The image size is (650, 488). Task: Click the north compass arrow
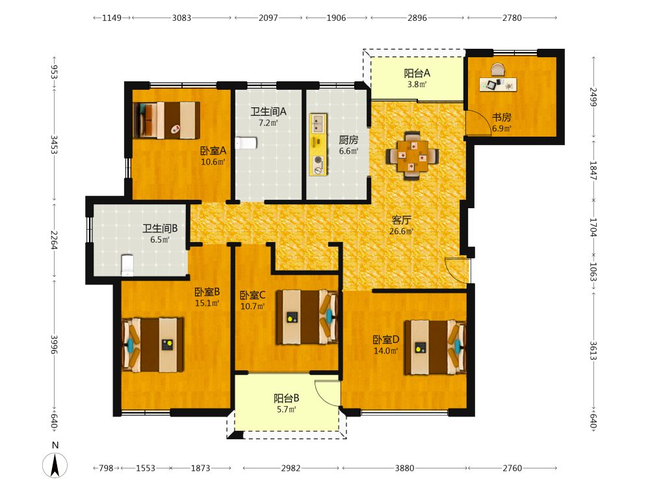click(x=55, y=465)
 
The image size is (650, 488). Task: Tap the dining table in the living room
click(x=412, y=156)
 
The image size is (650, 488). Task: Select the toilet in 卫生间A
click(x=246, y=143)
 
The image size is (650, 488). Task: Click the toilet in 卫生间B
click(x=127, y=265)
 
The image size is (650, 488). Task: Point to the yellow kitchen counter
click(x=318, y=144)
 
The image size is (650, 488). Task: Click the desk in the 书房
click(x=498, y=84)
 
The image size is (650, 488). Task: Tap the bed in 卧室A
click(x=166, y=120)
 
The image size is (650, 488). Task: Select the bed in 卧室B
click(x=153, y=345)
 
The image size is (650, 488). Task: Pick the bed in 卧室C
click(x=307, y=317)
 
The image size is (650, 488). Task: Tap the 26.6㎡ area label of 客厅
click(x=401, y=232)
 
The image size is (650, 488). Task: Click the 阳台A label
click(x=417, y=74)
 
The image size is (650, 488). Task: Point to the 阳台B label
click(x=287, y=398)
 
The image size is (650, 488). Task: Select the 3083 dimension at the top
click(x=181, y=18)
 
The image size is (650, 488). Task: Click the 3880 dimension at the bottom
click(x=404, y=468)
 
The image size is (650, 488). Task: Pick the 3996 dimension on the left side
click(x=54, y=345)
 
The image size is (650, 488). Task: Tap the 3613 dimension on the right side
click(x=593, y=351)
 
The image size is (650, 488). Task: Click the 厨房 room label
click(x=348, y=140)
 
